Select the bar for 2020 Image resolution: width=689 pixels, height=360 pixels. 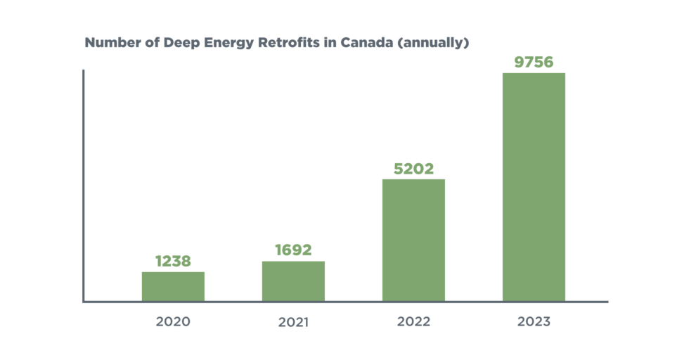173,286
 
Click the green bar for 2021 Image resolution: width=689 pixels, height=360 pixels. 293,281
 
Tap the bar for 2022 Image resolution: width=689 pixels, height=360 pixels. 413,240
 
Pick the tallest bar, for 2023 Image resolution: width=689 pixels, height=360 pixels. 534,187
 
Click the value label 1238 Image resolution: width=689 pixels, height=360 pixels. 173,262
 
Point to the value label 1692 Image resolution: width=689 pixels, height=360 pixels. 293,250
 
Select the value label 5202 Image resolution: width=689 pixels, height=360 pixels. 413,169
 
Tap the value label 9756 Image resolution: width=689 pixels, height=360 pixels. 534,62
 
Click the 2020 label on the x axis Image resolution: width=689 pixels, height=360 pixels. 173,322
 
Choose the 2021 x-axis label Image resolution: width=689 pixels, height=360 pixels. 293,323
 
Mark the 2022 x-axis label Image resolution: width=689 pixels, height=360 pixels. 413,322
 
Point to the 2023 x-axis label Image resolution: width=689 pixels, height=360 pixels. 534,322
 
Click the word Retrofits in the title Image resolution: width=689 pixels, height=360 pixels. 291,42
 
